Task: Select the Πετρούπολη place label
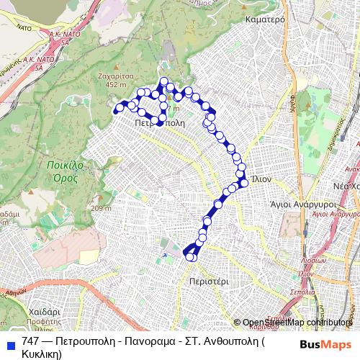tap(160, 123)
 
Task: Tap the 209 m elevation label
tap(101, 209)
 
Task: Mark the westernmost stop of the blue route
tap(117, 109)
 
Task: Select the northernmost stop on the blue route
tap(163, 81)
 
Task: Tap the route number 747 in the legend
tap(30, 341)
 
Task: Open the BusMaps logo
tap(326, 343)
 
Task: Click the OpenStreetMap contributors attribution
tap(297, 323)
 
